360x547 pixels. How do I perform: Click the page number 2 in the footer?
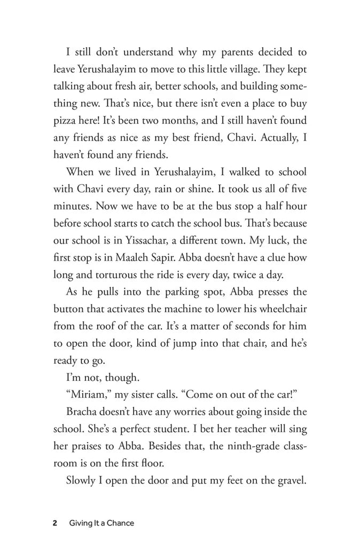55,523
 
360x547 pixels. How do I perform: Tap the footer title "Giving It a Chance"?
101,523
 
